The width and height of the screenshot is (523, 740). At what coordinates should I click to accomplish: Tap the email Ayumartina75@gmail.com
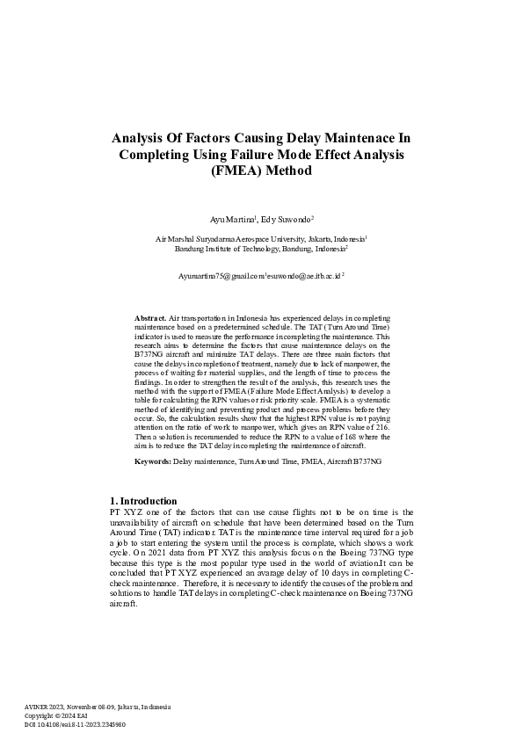point(221,275)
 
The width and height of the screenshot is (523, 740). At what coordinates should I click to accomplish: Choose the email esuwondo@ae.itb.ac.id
point(304,275)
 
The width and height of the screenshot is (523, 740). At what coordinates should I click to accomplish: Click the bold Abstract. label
point(150,316)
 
